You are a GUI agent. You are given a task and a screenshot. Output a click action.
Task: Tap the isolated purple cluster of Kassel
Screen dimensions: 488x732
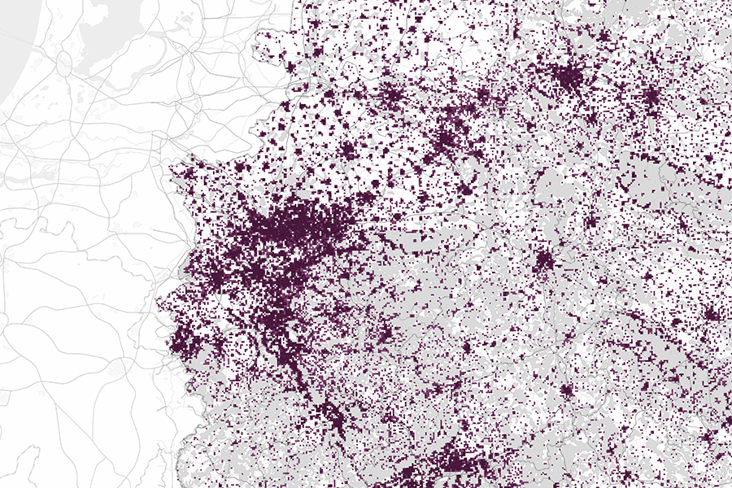(543, 261)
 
